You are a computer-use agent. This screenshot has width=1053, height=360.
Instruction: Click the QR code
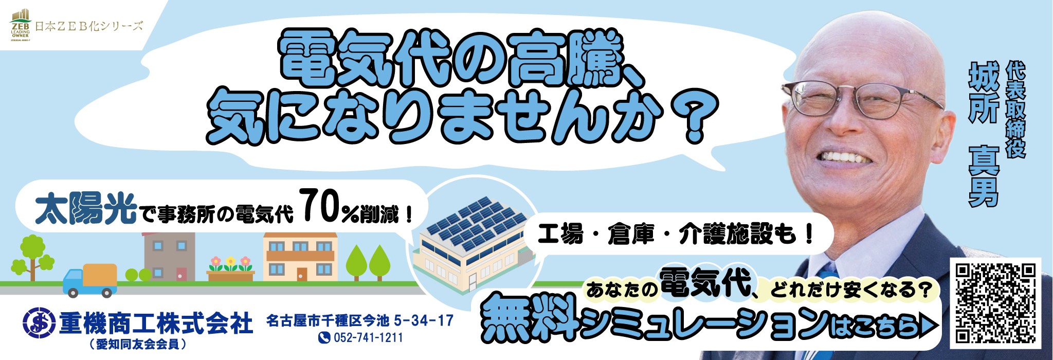pos(995,303)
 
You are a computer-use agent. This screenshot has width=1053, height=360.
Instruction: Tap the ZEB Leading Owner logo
pos(21,25)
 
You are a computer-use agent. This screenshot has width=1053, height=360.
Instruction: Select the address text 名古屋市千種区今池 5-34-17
pos(360,321)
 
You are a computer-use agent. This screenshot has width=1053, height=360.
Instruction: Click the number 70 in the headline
pos(319,207)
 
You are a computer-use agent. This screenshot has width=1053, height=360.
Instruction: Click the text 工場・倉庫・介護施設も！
pos(675,235)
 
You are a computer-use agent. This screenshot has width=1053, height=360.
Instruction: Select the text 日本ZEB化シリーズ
pos(88,26)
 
